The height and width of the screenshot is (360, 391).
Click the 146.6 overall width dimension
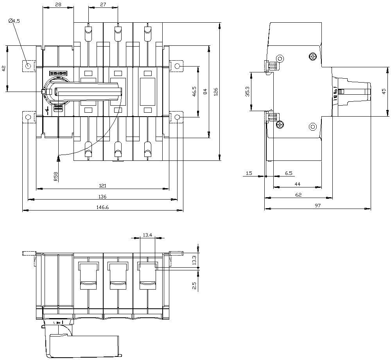102,207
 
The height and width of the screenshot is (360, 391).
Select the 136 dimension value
102,196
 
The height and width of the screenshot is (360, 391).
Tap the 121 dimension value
102,185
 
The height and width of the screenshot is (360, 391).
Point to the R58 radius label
56,177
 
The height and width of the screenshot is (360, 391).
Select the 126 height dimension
215,92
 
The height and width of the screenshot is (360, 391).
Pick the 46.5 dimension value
194,92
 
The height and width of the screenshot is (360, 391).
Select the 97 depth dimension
317,205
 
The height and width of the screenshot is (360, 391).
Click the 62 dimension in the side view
298,194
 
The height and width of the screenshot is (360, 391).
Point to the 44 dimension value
297,184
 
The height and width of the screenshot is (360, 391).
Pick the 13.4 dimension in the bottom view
147,235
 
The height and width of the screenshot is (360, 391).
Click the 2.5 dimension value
194,285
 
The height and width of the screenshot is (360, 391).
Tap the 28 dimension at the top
58,4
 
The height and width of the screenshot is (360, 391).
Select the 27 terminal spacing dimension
103,4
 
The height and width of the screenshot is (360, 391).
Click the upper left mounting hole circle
28,66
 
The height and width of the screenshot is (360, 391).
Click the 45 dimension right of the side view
384,92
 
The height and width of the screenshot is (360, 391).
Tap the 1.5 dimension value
249,173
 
